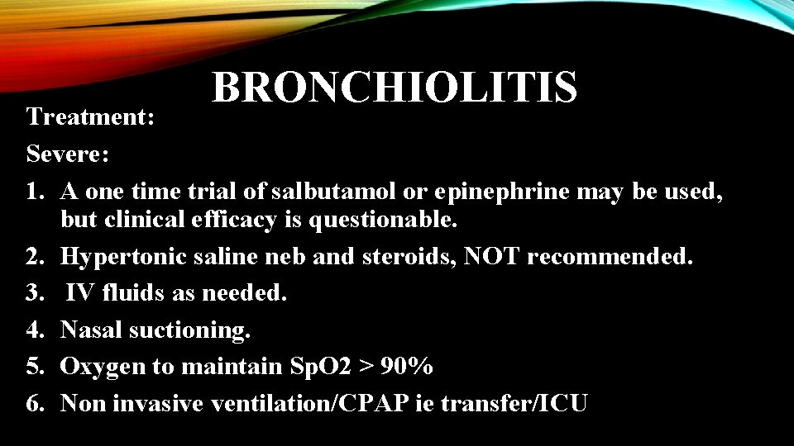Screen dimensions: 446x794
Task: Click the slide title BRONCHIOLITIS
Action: pyautogui.click(x=395, y=88)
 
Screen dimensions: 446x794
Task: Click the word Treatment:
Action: pyautogui.click(x=90, y=117)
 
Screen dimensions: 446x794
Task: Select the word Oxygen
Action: pyautogui.click(x=98, y=367)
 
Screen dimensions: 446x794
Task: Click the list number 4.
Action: pyautogui.click(x=35, y=330)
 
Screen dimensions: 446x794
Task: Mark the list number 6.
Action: pyautogui.click(x=35, y=403)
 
